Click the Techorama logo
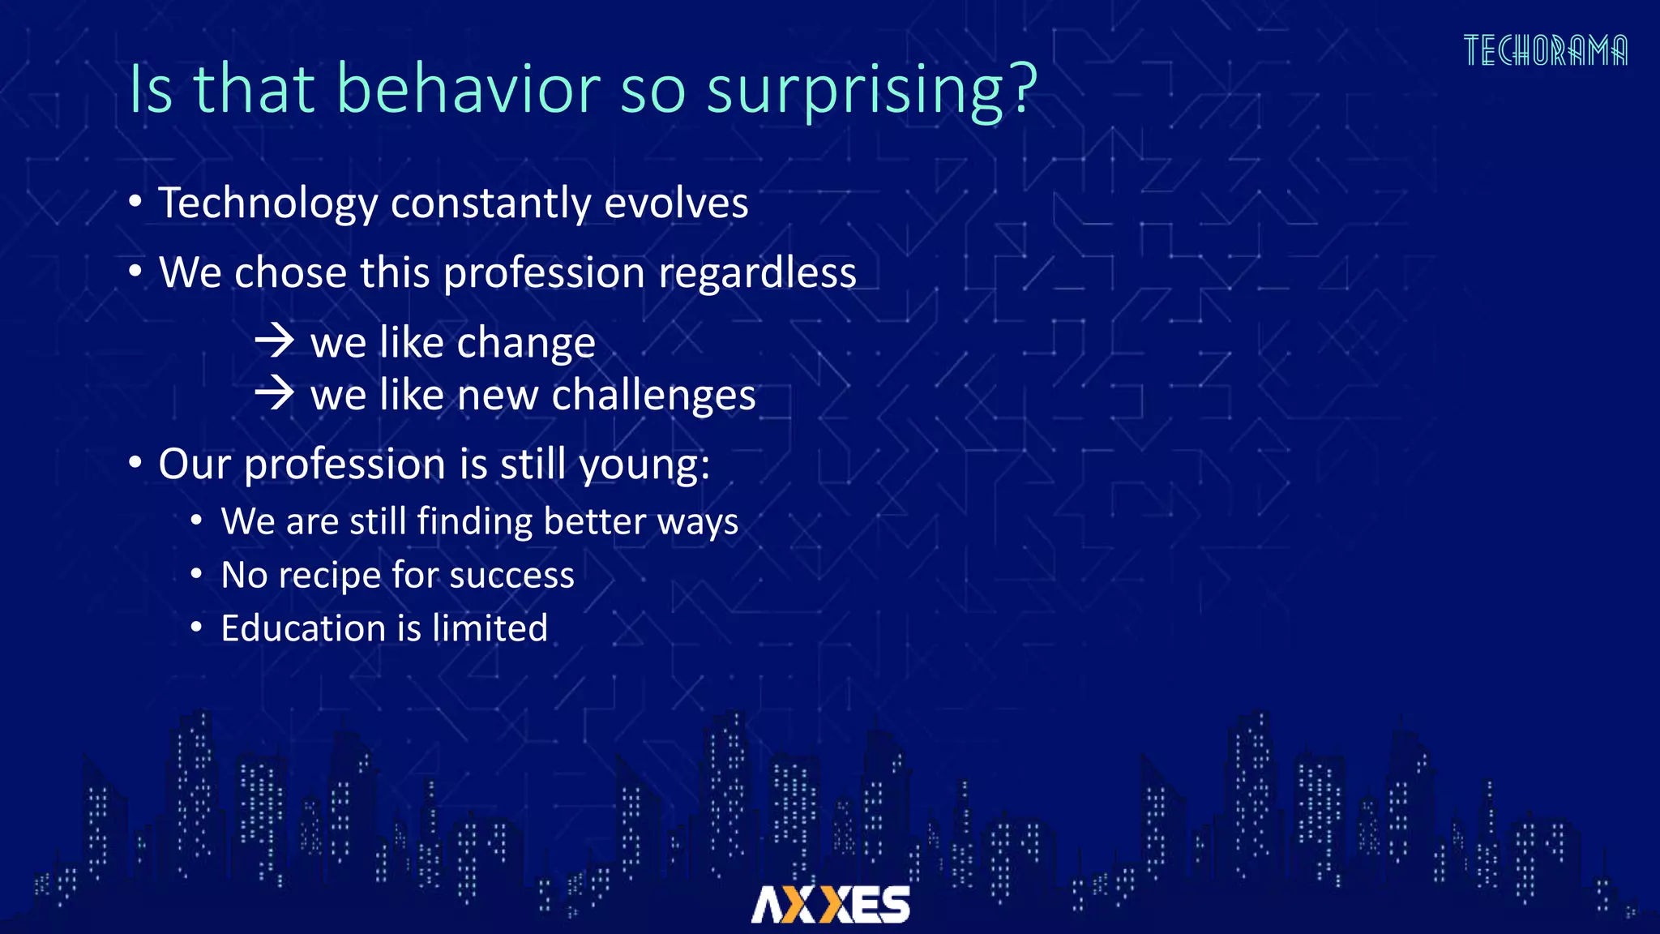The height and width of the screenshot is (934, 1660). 1545,50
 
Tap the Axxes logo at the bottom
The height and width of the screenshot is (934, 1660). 830,904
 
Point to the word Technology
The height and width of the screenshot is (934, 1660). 267,203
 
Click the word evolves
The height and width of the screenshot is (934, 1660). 676,203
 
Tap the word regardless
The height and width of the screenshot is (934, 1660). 757,272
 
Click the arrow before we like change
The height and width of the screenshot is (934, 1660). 275,341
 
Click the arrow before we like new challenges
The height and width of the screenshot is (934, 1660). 275,393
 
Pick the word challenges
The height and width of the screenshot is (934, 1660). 653,396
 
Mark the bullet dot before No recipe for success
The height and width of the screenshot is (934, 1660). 196,574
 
